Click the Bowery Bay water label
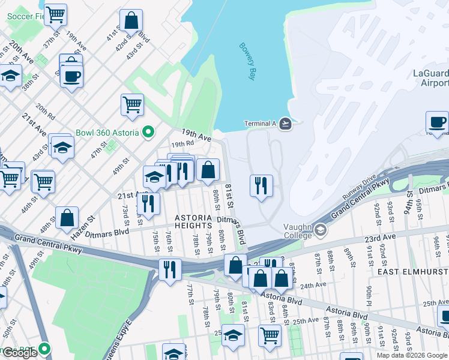[247, 61]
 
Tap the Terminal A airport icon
[285, 124]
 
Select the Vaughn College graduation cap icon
[321, 229]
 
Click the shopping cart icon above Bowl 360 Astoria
[132, 104]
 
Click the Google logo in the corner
[20, 353]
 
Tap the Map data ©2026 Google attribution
[411, 355]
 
